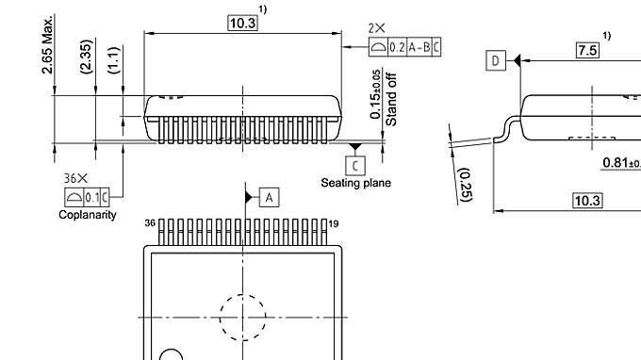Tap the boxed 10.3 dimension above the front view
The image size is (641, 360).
242,23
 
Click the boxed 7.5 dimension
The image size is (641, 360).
588,50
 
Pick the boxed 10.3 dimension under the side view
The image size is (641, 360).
588,200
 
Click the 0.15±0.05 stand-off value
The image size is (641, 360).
377,93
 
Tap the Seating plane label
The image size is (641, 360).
355,183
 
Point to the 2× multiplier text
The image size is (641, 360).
378,29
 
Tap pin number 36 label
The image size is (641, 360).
150,223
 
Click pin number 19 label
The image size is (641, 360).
334,223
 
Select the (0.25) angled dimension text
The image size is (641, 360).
464,186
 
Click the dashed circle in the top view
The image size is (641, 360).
244,317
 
